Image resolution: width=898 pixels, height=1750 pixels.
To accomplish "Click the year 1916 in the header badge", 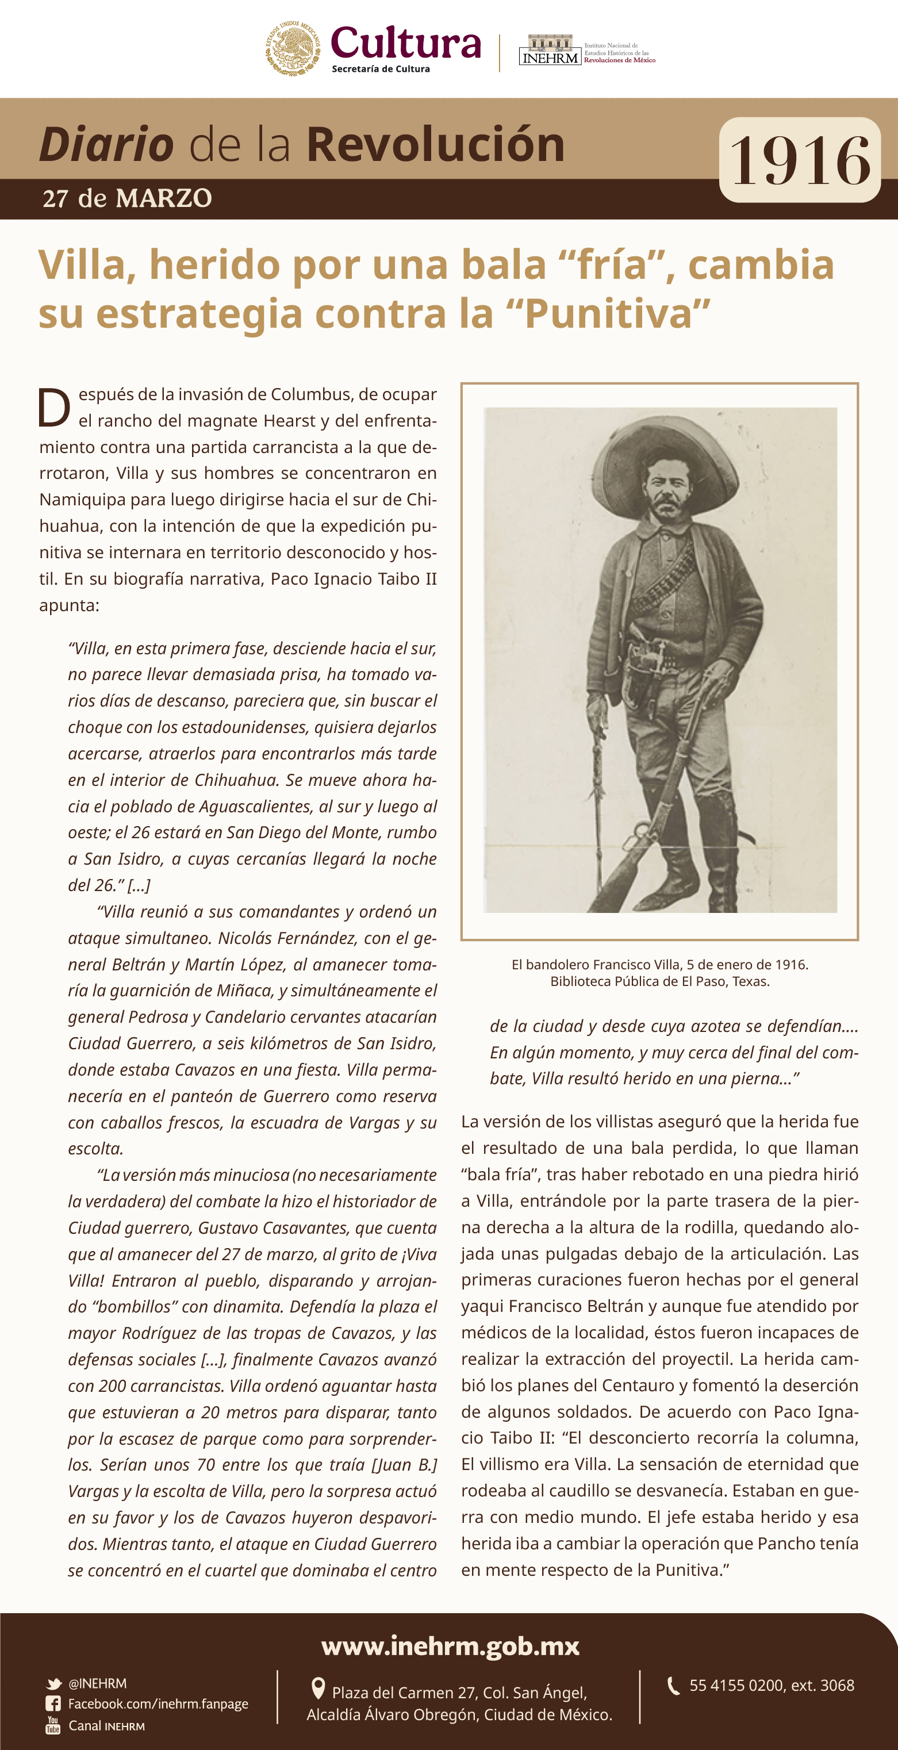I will [x=800, y=161].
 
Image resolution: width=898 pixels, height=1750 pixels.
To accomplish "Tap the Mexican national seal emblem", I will [x=292, y=48].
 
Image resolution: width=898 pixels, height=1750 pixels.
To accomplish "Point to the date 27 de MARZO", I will [x=127, y=198].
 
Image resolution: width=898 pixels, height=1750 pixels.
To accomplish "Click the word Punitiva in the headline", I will [x=617, y=314].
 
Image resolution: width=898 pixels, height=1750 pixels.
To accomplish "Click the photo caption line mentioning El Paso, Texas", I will [x=659, y=981].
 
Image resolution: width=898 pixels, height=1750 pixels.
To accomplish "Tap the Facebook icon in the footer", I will [x=53, y=1704].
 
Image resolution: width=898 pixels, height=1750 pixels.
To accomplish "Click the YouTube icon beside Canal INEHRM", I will [x=53, y=1725].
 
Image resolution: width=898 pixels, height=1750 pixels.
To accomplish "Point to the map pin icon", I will [x=317, y=1688].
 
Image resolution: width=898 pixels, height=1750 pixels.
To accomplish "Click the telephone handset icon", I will [x=673, y=1686].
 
